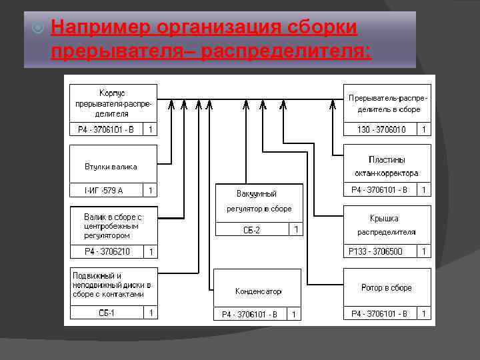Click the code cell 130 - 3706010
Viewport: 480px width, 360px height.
click(x=379, y=129)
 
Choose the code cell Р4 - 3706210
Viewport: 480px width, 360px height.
click(x=107, y=251)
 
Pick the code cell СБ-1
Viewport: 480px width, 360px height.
click(x=107, y=313)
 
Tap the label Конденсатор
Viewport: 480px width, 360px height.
click(x=258, y=291)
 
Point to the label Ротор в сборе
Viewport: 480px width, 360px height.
click(x=387, y=288)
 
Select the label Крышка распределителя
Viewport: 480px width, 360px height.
click(x=387, y=225)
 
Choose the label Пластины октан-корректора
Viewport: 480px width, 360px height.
click(x=387, y=167)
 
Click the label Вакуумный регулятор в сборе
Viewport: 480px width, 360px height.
click(x=258, y=201)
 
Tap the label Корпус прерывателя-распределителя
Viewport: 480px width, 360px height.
click(x=113, y=103)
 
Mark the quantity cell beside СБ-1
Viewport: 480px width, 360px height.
click(x=151, y=313)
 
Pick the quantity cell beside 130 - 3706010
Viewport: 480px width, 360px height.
click(x=424, y=129)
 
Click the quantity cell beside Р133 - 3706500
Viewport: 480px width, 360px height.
click(x=424, y=251)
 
